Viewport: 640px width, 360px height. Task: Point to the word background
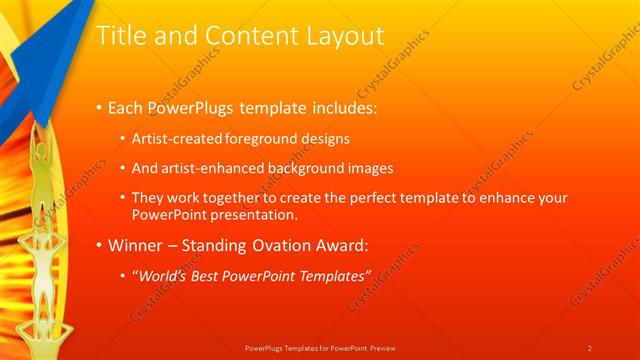[x=298, y=168]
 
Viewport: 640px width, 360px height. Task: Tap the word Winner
[x=139, y=244]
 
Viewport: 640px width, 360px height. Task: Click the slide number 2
[x=590, y=348]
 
